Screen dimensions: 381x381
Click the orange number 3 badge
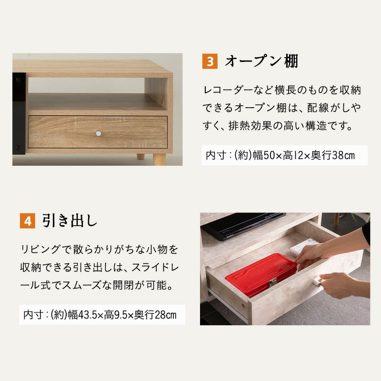click(210, 61)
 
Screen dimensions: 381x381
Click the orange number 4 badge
click(28, 221)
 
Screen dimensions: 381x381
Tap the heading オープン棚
click(261, 61)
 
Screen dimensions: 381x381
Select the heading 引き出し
click(70, 221)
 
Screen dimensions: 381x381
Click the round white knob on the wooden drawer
click(99, 133)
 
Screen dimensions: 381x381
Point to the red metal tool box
click(261, 275)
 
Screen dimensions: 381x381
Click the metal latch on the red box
click(273, 282)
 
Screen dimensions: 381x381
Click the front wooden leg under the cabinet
click(160, 160)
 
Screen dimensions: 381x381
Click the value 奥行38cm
click(333, 155)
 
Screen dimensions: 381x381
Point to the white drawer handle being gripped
click(317, 283)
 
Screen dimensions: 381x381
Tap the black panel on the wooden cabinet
click(19, 113)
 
